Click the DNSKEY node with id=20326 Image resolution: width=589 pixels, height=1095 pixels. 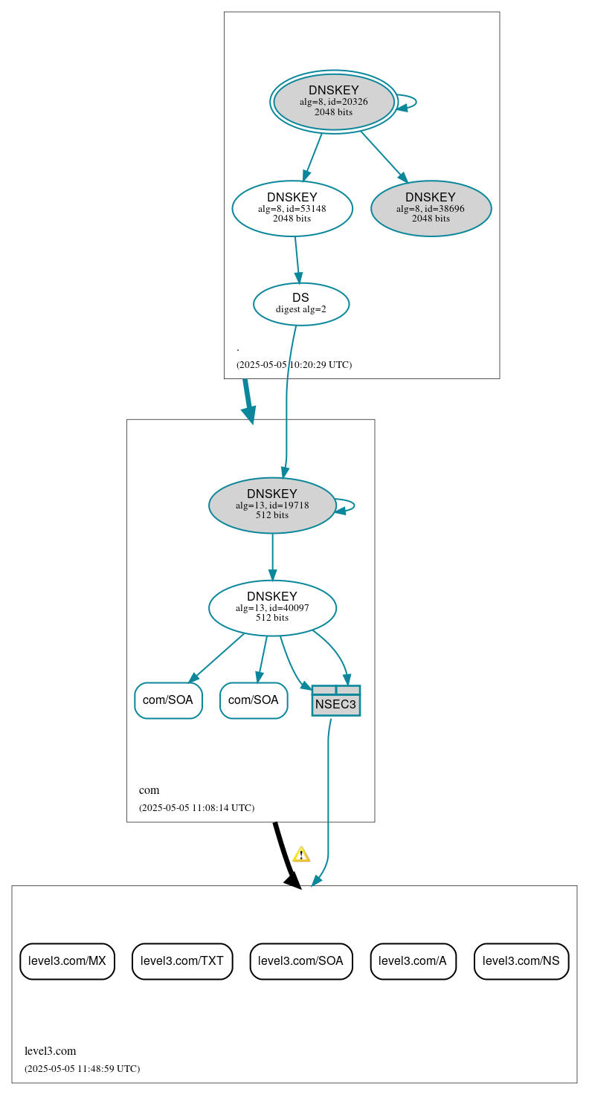coord(334,102)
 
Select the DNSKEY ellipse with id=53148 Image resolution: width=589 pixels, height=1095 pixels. coord(292,209)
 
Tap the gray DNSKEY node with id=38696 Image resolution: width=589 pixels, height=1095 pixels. coord(431,209)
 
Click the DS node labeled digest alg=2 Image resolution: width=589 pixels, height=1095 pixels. coord(301,304)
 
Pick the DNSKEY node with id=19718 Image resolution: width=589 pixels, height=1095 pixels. coord(272,505)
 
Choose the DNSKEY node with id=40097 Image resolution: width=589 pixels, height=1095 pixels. coord(272,608)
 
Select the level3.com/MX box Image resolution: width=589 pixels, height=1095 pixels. coord(67,961)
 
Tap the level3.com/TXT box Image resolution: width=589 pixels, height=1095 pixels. coord(182,961)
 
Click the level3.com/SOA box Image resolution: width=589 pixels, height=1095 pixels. coord(300,961)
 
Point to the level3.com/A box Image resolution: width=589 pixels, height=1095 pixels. coord(413,961)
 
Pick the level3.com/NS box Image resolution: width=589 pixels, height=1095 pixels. coord(521,961)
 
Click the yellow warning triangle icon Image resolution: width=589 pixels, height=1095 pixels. coord(301,855)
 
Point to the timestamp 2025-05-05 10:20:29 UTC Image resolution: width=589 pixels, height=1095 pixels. coord(294,365)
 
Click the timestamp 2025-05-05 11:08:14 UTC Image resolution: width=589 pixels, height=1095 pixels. coord(196,808)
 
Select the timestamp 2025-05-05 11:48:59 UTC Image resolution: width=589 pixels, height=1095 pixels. coord(82,1069)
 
